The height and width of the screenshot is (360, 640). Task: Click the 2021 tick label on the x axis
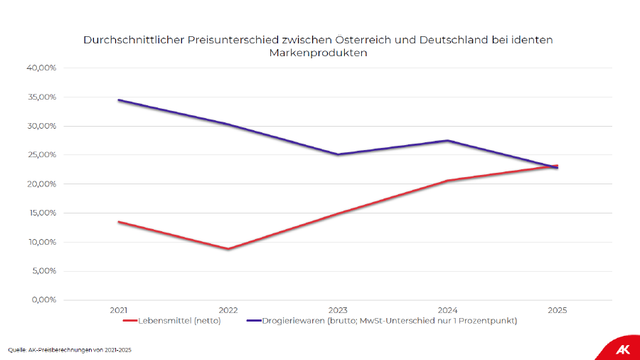click(119, 310)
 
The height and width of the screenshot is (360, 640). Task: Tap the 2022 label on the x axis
click(228, 310)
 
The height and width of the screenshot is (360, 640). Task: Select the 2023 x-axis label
click(338, 310)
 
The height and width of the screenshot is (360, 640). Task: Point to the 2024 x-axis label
click(448, 310)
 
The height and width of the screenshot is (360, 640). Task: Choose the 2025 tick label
click(558, 310)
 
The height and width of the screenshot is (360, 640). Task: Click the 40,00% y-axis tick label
click(41, 68)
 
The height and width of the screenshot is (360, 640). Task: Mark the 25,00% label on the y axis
click(41, 155)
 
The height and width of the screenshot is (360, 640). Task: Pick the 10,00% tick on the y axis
click(41, 242)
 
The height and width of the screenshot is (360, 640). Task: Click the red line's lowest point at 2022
click(228, 249)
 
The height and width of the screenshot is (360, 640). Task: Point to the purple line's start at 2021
click(119, 100)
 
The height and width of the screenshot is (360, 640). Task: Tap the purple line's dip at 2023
click(338, 154)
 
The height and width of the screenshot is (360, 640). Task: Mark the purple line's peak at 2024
click(448, 140)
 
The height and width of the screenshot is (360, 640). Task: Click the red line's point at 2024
click(448, 181)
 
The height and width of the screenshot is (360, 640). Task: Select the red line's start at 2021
click(119, 222)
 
